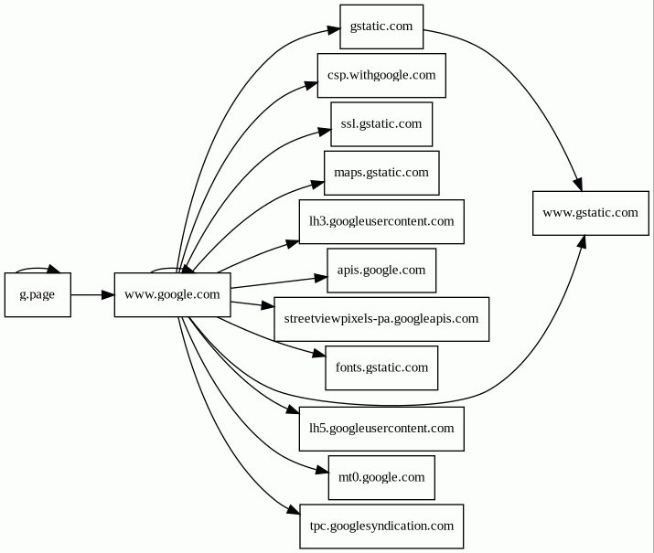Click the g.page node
tap(38, 294)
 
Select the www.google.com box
tap(172, 294)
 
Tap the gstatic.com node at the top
tap(381, 27)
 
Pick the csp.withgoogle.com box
tap(381, 75)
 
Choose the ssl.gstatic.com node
tap(381, 123)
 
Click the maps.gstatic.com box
tap(381, 172)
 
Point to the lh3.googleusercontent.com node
tap(381, 221)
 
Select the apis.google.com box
tap(381, 270)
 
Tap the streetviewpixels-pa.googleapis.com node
tap(381, 319)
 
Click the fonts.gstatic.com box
tap(381, 367)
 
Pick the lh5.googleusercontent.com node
tap(381, 428)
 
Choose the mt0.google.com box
tap(381, 477)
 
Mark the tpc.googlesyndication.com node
tap(381, 526)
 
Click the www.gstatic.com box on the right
tap(590, 213)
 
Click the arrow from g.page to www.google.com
tap(91, 294)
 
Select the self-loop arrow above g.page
tap(37, 269)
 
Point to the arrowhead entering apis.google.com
tap(321, 275)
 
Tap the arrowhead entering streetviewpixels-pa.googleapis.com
tap(267, 307)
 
